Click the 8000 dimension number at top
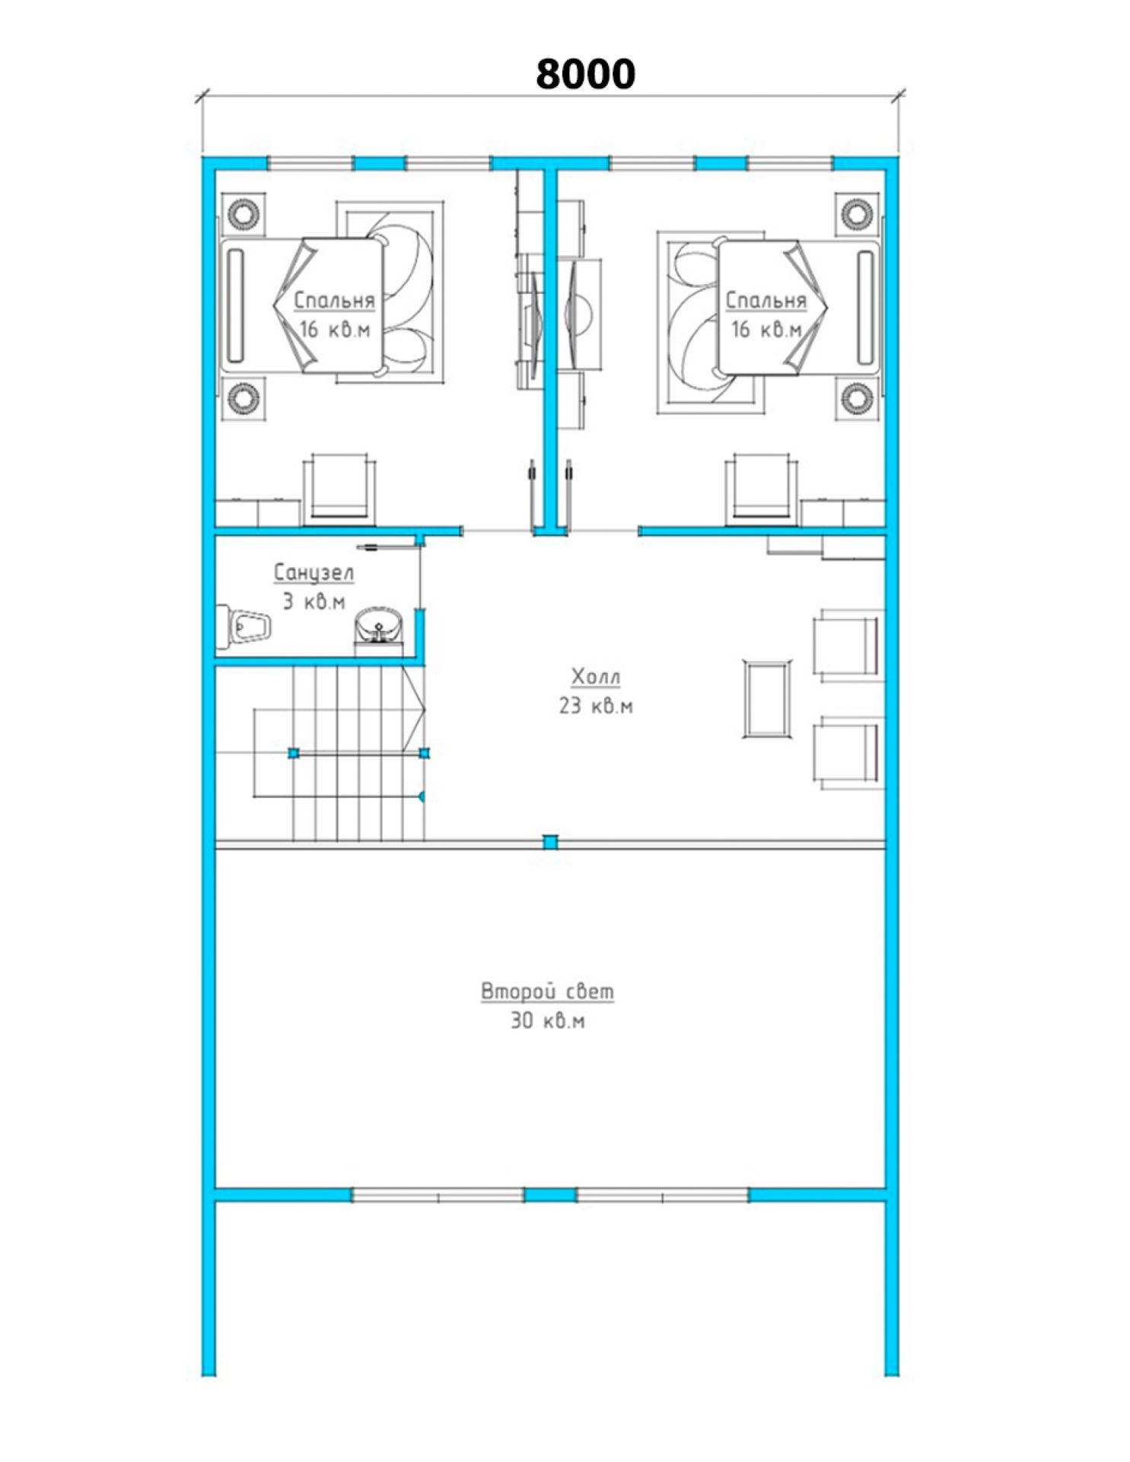[584, 74]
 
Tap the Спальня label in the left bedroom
[334, 300]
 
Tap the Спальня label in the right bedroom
[765, 300]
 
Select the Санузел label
[314, 573]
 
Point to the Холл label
[596, 676]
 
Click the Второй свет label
[547, 991]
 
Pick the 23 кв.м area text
[596, 706]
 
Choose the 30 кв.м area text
[547, 1020]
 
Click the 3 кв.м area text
[314, 602]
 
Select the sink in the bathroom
[378, 630]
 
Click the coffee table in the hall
[766, 699]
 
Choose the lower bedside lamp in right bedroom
[858, 397]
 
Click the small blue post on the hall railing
[549, 841]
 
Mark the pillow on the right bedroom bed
[865, 306]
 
